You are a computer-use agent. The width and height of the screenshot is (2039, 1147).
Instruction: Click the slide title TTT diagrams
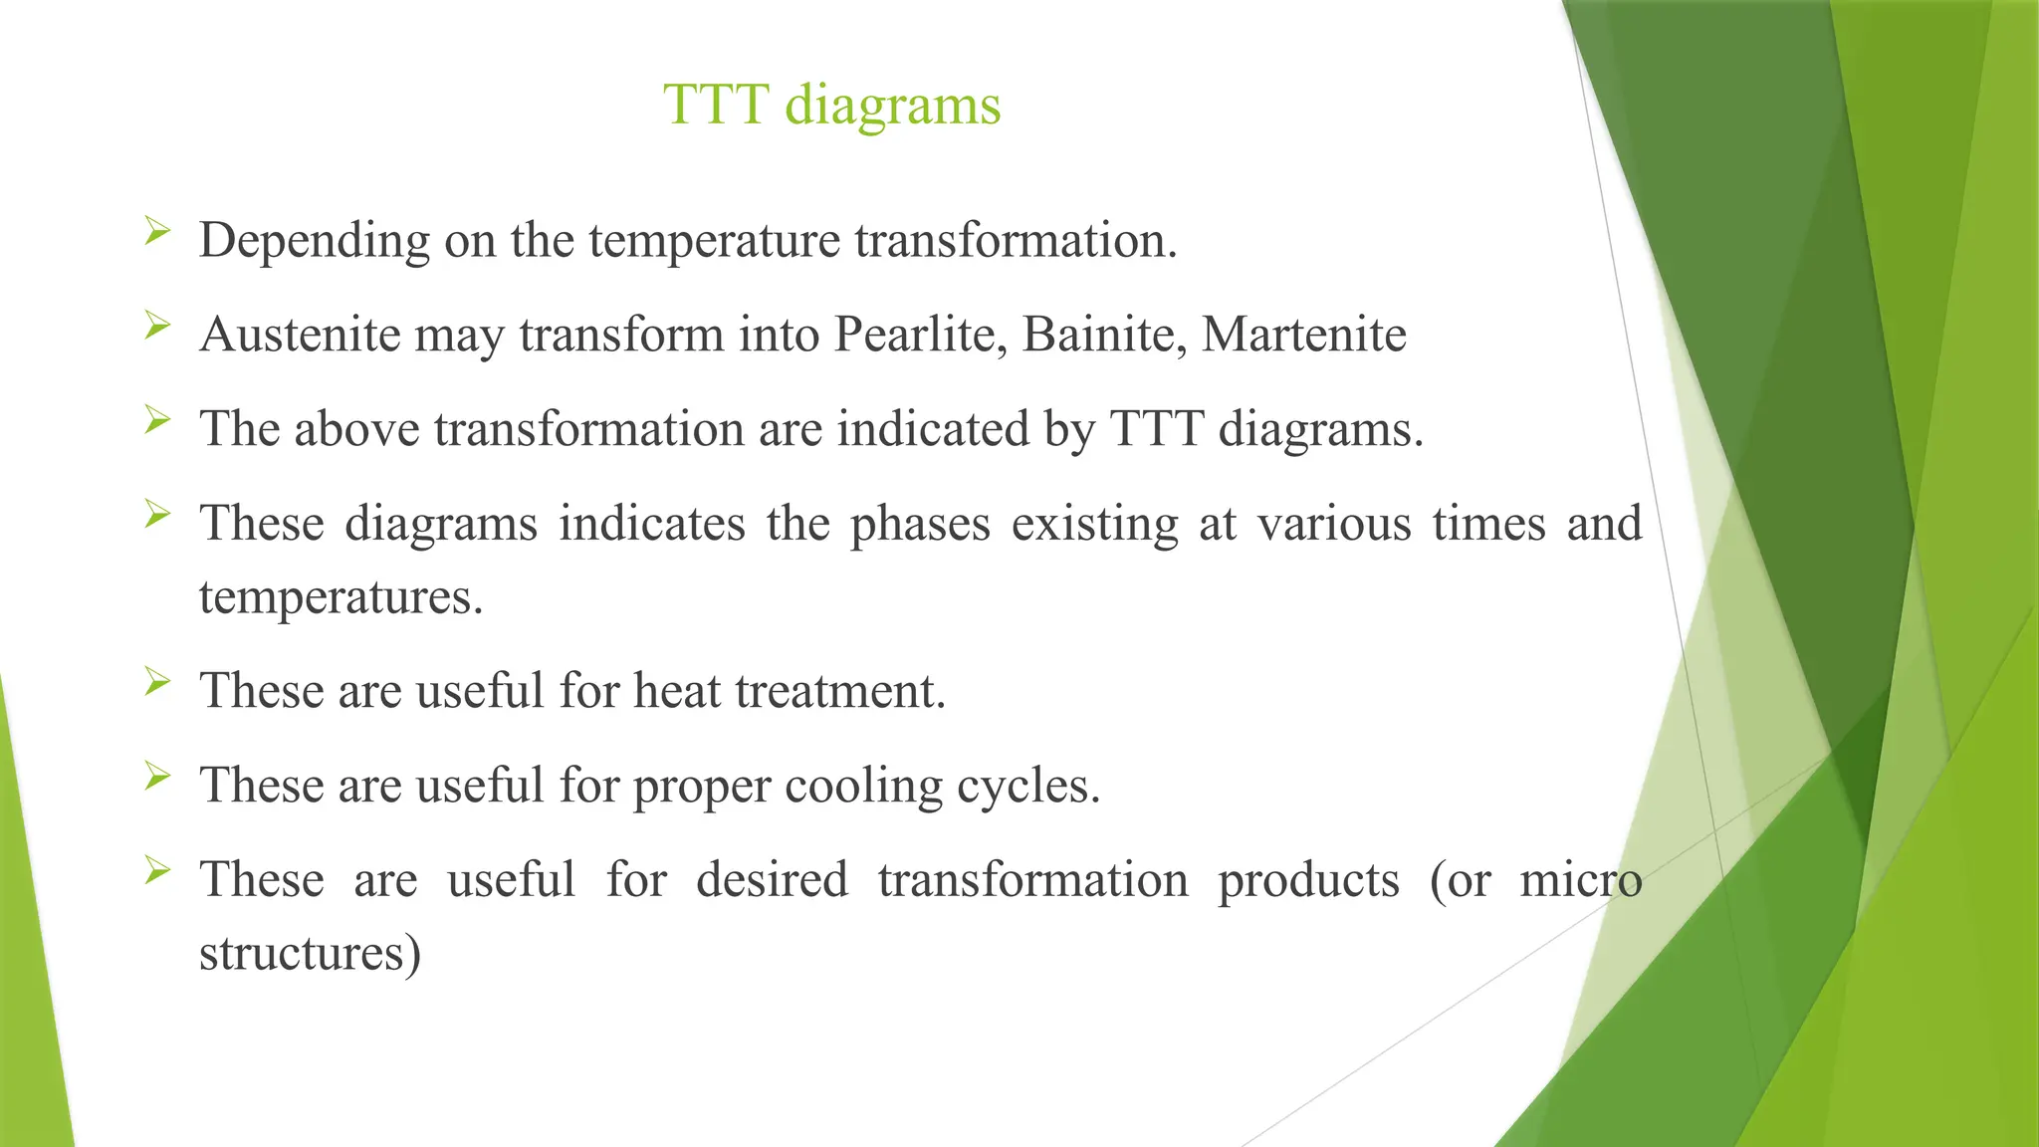coord(831,105)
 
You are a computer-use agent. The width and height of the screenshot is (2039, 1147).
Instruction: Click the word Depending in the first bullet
coord(314,241)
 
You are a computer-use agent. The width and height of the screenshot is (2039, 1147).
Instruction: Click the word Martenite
coord(1303,335)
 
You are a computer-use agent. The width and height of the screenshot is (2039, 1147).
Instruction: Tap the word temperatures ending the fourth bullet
coord(340,597)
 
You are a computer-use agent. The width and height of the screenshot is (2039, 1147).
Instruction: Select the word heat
coord(677,691)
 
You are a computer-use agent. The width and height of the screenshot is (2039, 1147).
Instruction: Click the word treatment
coord(839,691)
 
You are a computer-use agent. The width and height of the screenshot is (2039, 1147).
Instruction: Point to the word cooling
coord(863,786)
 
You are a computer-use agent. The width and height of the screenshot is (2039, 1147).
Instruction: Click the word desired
coord(772,880)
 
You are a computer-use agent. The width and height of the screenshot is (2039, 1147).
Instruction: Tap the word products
coord(1308,880)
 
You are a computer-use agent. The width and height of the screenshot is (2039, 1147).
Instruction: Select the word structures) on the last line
coord(310,953)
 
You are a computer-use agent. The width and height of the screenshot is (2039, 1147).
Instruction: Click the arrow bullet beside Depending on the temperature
coord(157,232)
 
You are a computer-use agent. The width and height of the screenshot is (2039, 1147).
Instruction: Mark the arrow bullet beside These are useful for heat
coord(157,682)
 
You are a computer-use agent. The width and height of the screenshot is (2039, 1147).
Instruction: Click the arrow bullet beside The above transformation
coord(157,419)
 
